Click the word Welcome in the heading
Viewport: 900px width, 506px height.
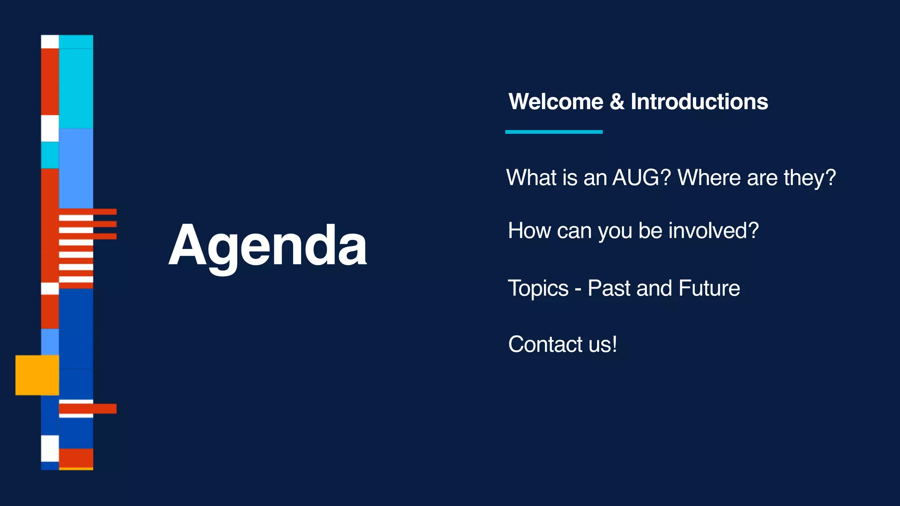pos(555,102)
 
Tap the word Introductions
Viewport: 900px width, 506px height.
pos(699,102)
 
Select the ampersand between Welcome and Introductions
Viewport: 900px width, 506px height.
pos(617,102)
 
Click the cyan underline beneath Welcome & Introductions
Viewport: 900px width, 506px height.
pos(554,132)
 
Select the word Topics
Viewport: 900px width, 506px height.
pos(538,289)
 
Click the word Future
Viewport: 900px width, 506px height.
pos(709,289)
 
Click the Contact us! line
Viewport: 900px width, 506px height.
pos(562,344)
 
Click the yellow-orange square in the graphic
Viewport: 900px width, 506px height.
pos(37,375)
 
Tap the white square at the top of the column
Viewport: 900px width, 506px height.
pos(50,42)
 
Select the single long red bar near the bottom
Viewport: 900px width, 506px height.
pos(88,408)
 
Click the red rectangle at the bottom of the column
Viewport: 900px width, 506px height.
pos(76,458)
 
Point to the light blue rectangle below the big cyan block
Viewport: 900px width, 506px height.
pos(76,168)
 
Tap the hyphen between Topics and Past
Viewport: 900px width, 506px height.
pos(578,290)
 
